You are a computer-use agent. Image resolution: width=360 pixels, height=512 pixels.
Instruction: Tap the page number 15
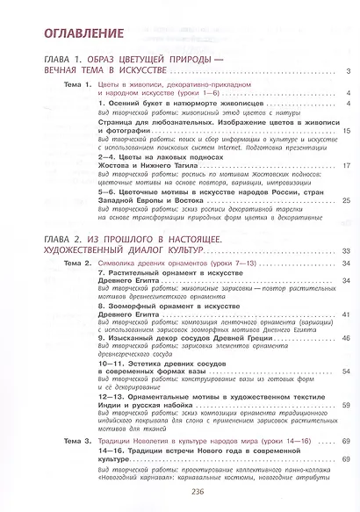(x=347, y=130)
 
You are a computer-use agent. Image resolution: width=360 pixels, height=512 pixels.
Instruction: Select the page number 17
(x=347, y=164)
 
